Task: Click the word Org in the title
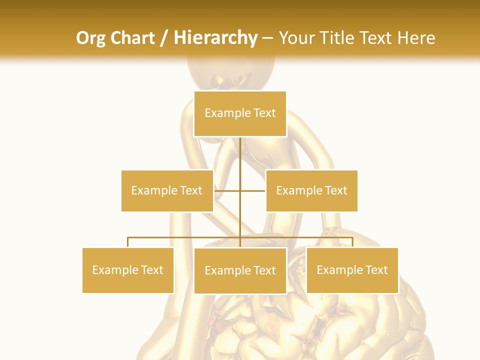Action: [91, 38]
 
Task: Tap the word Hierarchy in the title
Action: [215, 38]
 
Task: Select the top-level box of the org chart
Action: [240, 113]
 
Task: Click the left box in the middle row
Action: [167, 190]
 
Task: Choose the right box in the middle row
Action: [311, 190]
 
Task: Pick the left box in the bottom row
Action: [128, 270]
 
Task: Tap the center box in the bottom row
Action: [240, 270]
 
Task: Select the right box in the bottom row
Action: [352, 270]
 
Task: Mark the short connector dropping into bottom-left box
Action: [128, 242]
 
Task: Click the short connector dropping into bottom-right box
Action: [352, 242]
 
